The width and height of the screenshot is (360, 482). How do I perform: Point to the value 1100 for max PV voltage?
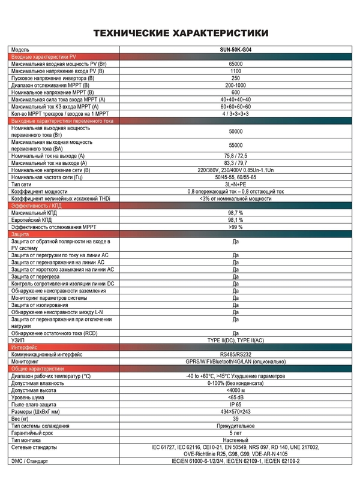point(236,71)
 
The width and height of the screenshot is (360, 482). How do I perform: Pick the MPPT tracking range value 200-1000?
point(236,85)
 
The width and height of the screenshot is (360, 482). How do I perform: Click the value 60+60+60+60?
point(236,106)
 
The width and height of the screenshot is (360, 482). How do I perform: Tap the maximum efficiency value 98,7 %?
point(236,213)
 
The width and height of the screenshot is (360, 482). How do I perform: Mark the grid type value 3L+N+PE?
point(236,184)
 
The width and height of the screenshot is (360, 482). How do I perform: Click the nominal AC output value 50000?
point(236,131)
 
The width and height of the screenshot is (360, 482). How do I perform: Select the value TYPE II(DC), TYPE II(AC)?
point(236,340)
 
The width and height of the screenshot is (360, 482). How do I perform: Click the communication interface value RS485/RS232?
point(236,354)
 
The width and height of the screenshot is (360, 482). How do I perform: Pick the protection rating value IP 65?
point(236,405)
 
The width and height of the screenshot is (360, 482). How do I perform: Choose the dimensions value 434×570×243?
point(236,412)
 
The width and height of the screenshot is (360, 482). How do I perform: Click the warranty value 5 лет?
point(236,433)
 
